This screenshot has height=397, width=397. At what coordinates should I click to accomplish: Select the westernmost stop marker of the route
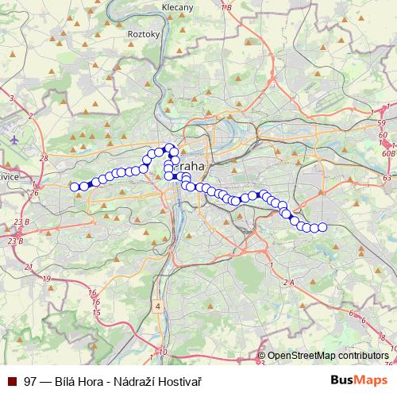click(x=75, y=187)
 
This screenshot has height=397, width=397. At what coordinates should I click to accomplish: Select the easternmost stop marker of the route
click(x=322, y=228)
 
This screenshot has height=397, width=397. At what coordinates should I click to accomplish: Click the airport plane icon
click(x=15, y=139)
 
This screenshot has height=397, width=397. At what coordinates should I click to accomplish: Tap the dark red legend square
click(x=13, y=380)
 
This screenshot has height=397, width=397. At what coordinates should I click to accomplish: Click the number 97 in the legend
click(x=30, y=380)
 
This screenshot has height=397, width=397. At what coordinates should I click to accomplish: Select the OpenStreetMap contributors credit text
click(x=328, y=356)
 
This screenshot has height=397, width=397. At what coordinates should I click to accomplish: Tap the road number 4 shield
click(x=158, y=306)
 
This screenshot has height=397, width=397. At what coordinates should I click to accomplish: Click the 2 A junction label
click(x=288, y=282)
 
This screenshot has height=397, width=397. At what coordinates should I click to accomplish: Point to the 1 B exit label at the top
click(x=228, y=7)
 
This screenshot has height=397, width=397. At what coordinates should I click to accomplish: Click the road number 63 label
click(x=387, y=179)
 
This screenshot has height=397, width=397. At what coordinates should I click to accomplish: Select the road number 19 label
click(x=47, y=279)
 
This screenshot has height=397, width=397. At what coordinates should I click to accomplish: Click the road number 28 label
click(x=43, y=157)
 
